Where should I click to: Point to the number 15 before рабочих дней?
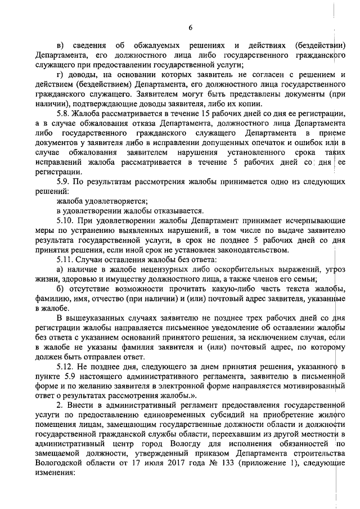coord(183,114)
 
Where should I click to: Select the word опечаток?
coord(262,143)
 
